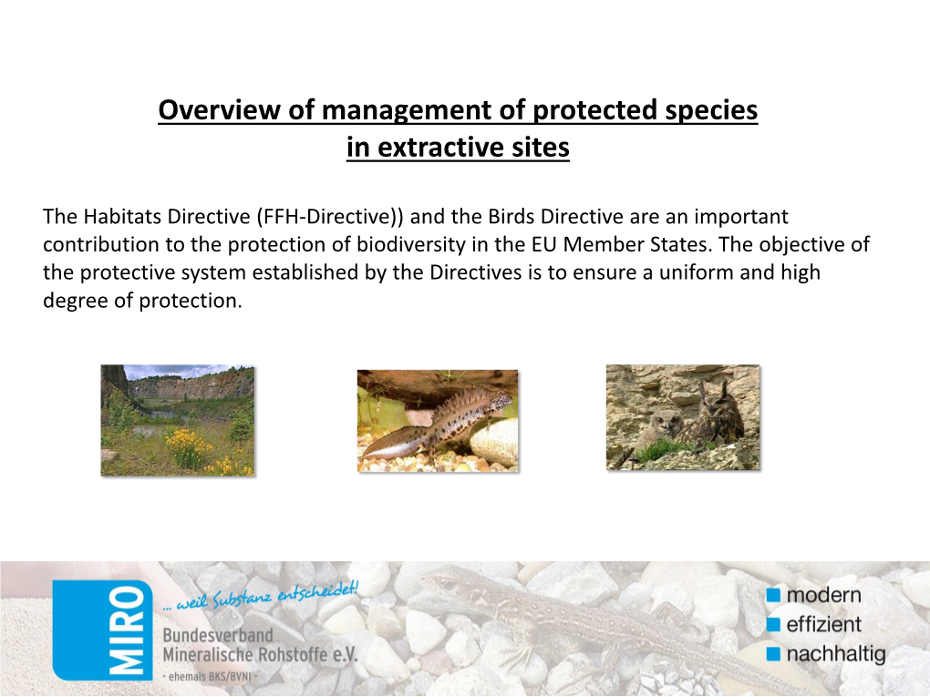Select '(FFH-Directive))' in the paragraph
(x=330, y=217)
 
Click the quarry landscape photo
(x=178, y=420)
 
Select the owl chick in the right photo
(x=660, y=428)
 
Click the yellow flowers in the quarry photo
(x=189, y=446)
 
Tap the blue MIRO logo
(x=102, y=630)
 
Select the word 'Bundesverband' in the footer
(x=218, y=635)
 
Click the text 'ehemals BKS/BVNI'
(x=210, y=676)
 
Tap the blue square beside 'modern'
(x=773, y=594)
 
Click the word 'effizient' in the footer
(x=824, y=624)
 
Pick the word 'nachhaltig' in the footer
(x=836, y=654)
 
